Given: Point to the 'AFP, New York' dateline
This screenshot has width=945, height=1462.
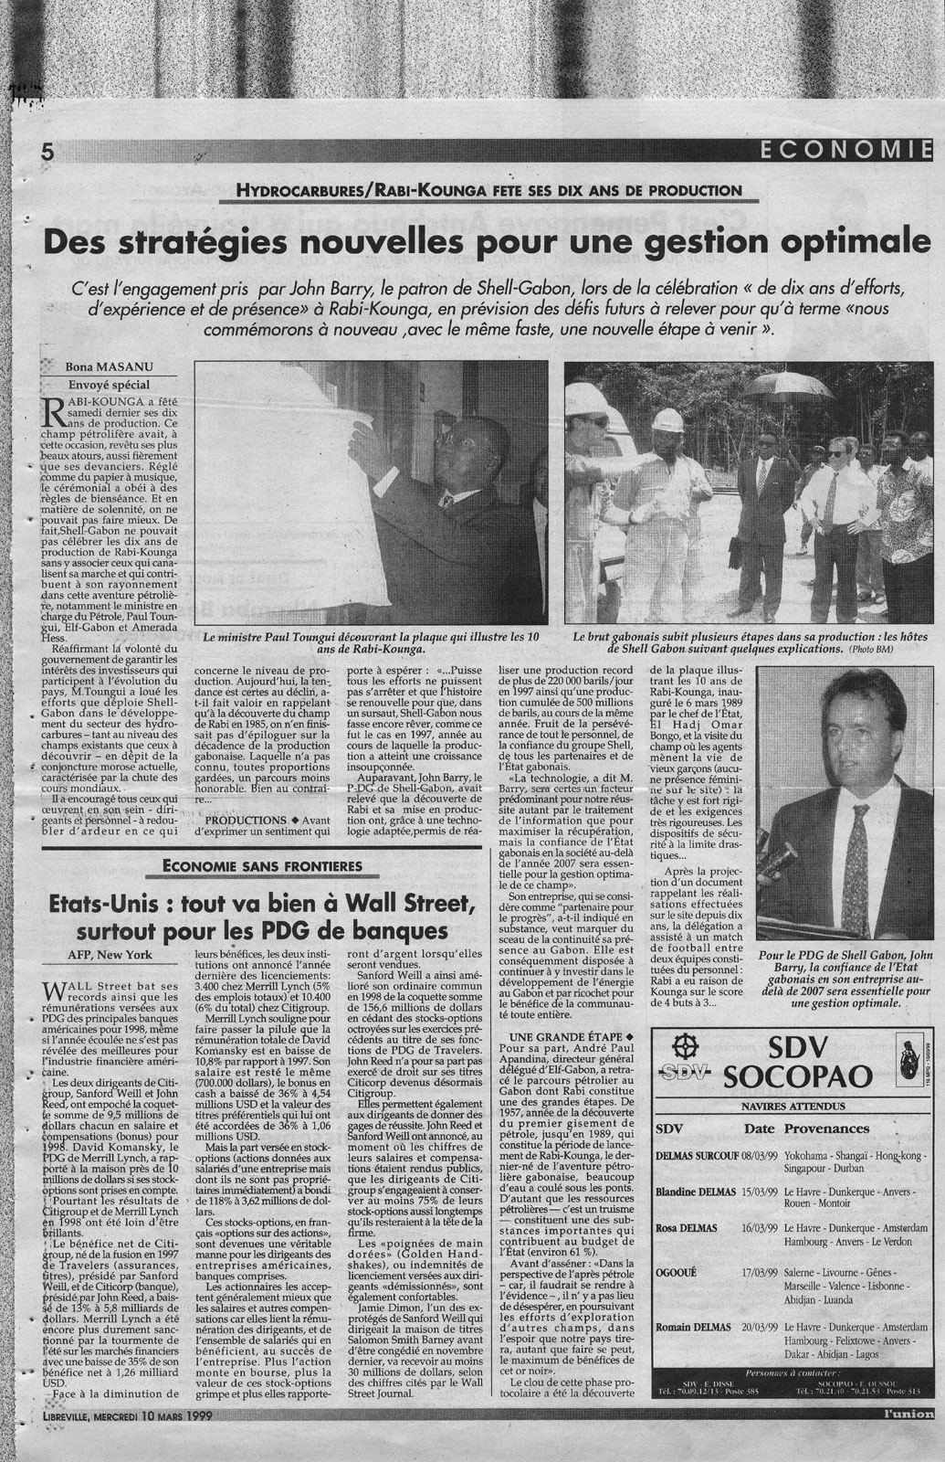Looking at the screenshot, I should pyautogui.click(x=113, y=956).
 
